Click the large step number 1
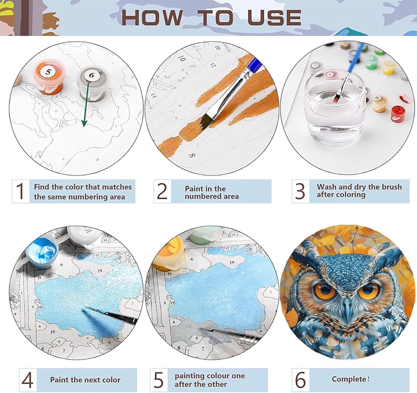click(x=20, y=191)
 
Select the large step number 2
click(x=162, y=191)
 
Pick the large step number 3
click(x=300, y=191)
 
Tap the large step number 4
click(x=28, y=380)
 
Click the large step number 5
click(x=158, y=380)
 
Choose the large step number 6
click(x=301, y=380)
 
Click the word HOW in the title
click(x=153, y=18)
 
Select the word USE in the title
click(x=274, y=17)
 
